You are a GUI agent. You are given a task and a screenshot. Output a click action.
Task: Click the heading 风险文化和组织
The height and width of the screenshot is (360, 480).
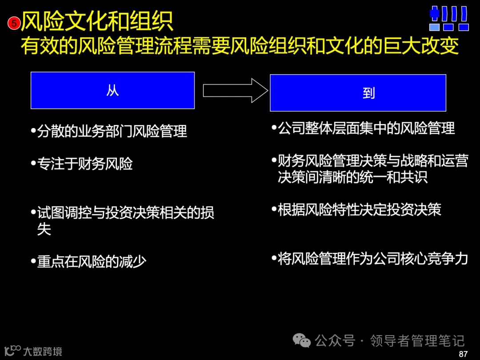pyautogui.click(x=97, y=20)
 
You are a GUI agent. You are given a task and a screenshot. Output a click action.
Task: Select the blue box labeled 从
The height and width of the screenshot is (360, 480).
pyautogui.click(x=112, y=90)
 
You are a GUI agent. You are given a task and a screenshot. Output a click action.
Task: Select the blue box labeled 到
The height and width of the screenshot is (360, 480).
pyautogui.click(x=358, y=92)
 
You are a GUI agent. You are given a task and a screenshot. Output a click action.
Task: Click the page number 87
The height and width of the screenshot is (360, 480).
pyautogui.click(x=463, y=354)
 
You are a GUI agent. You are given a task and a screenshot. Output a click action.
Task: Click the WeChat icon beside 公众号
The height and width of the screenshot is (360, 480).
pyautogui.click(x=302, y=341)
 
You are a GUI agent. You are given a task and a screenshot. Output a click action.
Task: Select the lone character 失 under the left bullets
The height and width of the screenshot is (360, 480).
pyautogui.click(x=44, y=229)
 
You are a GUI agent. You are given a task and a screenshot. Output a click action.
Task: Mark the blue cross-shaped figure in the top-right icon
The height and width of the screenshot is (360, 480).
pyautogui.click(x=434, y=14)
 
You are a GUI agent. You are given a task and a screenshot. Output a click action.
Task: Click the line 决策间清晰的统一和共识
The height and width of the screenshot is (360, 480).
pyautogui.click(x=352, y=177)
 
